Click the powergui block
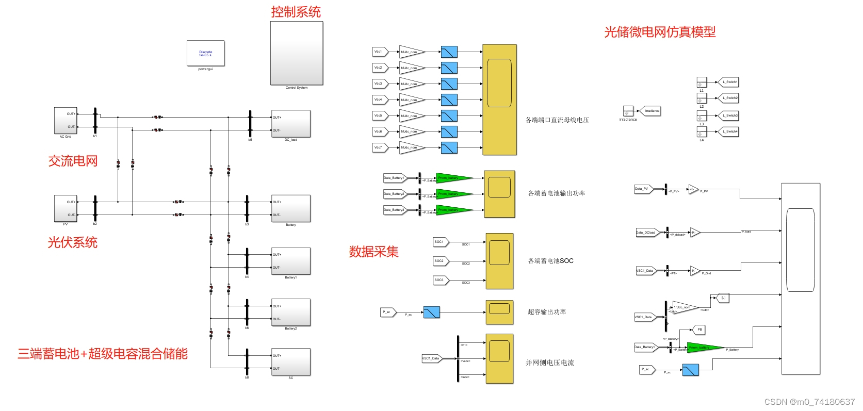tap(205, 53)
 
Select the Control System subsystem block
tap(297, 53)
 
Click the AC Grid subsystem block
tap(66, 121)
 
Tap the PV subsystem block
tap(66, 208)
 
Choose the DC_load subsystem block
tap(291, 124)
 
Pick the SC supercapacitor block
tap(291, 362)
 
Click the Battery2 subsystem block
tap(291, 313)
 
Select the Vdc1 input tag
tap(379, 52)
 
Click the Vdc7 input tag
tap(379, 147)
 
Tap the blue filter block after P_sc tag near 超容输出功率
tap(431, 312)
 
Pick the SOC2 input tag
tap(440, 261)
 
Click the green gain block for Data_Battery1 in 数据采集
tap(453, 178)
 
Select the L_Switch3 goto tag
tap(729, 116)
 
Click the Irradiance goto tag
tap(650, 111)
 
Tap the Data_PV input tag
tap(643, 189)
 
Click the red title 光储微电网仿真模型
tap(660, 32)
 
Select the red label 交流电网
tap(73, 161)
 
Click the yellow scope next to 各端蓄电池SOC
tap(499, 261)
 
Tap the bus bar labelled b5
tap(250, 124)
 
